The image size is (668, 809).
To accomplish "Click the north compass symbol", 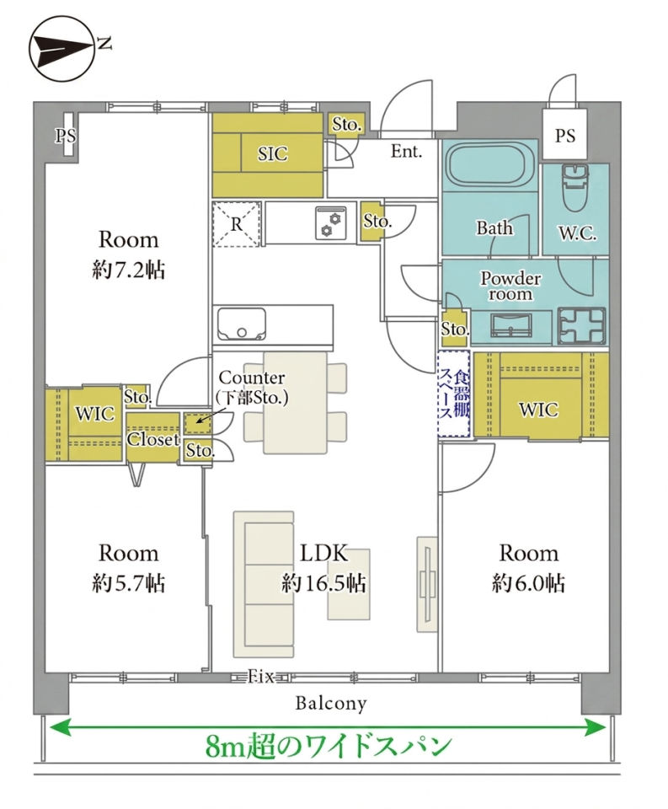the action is click(62, 49).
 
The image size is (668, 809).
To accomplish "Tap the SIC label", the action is click(272, 153).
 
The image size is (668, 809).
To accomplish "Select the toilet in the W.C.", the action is click(574, 187).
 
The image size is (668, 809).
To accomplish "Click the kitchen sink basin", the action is click(242, 324).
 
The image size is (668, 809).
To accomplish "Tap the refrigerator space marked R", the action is click(236, 224).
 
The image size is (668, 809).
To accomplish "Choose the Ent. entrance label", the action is click(406, 151).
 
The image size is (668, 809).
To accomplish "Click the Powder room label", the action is click(510, 286).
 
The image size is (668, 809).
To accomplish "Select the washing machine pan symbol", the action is click(581, 325).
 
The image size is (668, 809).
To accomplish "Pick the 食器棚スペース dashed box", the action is click(453, 394).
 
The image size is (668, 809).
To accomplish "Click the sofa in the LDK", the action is click(264, 585).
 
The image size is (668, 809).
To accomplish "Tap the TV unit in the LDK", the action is click(426, 584).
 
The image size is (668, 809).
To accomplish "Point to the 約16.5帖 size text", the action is click(323, 583).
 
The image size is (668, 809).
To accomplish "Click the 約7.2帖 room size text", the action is click(128, 270).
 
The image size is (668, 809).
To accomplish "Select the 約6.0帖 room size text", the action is click(528, 583).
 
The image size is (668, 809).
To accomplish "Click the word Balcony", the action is click(331, 703).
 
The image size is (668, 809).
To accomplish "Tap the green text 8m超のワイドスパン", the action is click(329, 746).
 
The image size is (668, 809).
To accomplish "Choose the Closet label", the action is click(152, 440).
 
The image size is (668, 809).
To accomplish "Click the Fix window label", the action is click(261, 677).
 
